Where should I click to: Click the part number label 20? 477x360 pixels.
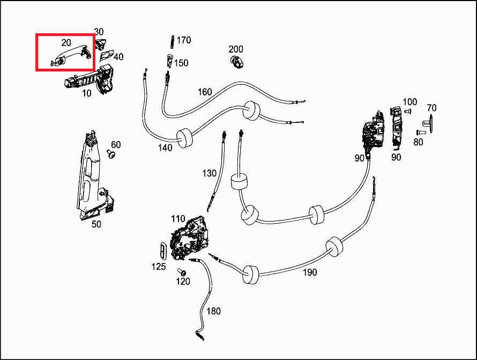coord(66,42)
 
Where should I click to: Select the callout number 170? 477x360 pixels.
coord(183,40)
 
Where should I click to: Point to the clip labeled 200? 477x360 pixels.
coord(236,61)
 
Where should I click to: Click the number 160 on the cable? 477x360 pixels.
coord(205,92)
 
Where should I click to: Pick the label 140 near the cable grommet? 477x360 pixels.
coord(165,148)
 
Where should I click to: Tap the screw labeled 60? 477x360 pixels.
coord(111,155)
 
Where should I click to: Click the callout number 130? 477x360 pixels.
coord(209,173)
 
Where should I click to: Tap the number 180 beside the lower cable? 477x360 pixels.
coord(213,311)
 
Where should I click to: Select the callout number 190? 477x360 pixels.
coord(309,272)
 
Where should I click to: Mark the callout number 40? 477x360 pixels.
coord(118,57)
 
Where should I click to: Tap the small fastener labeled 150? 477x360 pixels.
coord(169,60)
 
